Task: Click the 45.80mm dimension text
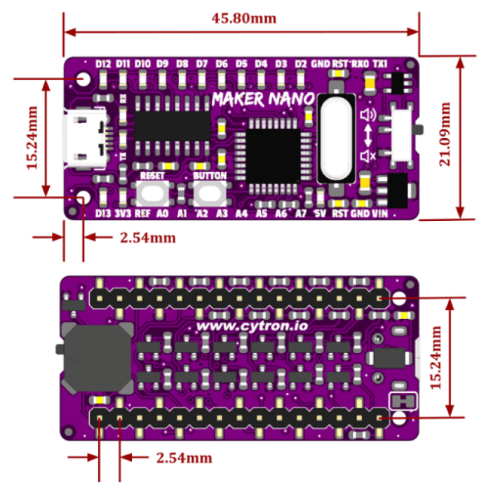pyautogui.click(x=243, y=18)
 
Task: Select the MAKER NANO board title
pyautogui.click(x=262, y=97)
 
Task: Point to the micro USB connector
pyautogui.click(x=84, y=139)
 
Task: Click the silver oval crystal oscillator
pyautogui.click(x=332, y=138)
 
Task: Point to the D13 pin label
pyautogui.click(x=103, y=213)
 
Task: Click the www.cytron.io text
pyautogui.click(x=242, y=326)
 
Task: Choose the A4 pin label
pyautogui.click(x=242, y=213)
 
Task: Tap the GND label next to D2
pyautogui.click(x=321, y=64)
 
